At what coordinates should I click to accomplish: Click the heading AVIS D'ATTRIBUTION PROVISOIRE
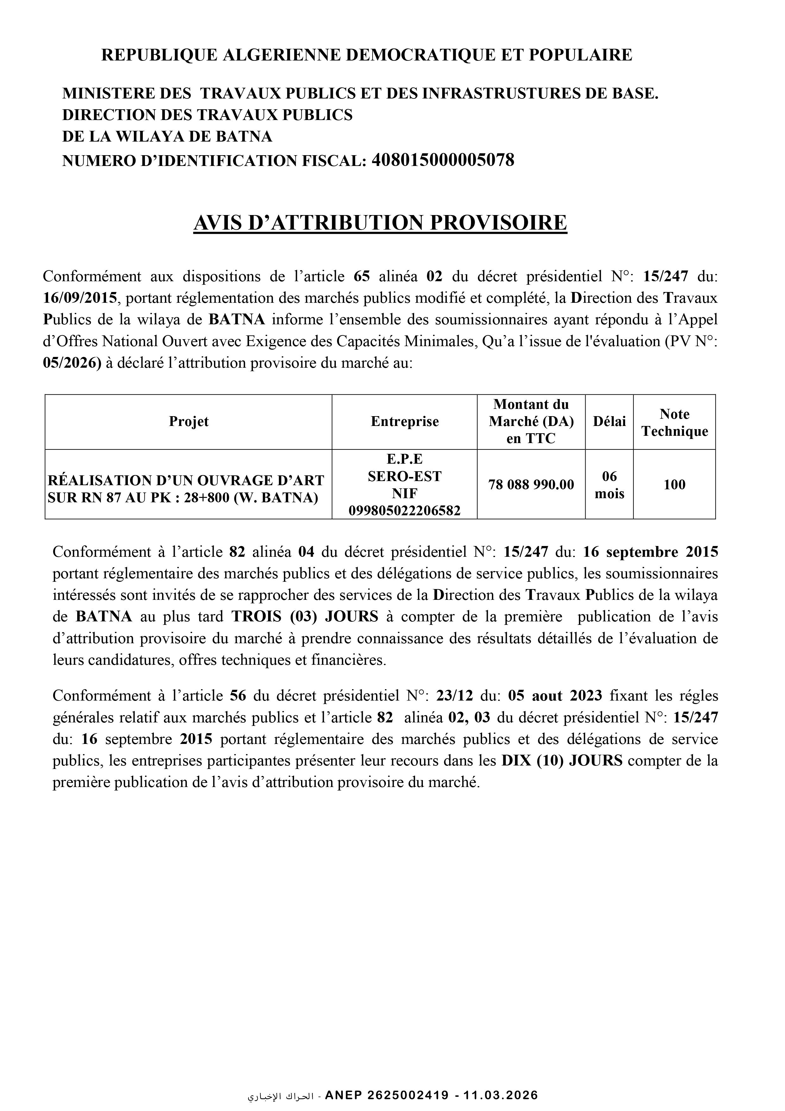click(x=380, y=223)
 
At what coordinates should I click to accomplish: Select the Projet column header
click(x=189, y=422)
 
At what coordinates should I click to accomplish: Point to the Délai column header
click(x=609, y=422)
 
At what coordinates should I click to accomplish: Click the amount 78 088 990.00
click(x=531, y=484)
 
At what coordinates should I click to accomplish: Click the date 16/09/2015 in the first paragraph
click(x=80, y=298)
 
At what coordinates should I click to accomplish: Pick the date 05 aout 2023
click(x=555, y=696)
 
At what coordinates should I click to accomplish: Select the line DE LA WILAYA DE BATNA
click(x=167, y=137)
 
